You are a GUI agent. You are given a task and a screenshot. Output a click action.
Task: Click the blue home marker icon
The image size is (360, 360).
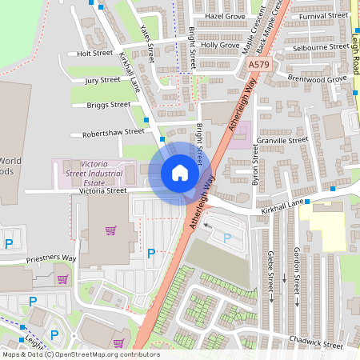coord(180,173)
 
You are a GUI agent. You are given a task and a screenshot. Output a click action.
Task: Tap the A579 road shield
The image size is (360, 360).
coord(258,64)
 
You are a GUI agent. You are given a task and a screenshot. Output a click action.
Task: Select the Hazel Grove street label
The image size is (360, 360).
coord(225,16)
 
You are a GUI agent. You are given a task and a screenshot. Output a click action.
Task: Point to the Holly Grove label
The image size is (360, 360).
coord(220,46)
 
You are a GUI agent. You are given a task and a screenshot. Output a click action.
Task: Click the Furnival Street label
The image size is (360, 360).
coord(324,16)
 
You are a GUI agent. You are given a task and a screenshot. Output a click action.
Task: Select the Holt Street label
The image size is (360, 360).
coord(95,54)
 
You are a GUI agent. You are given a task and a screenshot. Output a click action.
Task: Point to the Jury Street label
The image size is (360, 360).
coord(102,80)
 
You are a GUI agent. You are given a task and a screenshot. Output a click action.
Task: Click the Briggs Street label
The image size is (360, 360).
coord(108,105)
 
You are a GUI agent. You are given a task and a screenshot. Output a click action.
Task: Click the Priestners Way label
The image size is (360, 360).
coord(50,259)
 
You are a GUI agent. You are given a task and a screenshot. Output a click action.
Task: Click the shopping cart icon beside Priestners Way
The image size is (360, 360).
coord(62,279)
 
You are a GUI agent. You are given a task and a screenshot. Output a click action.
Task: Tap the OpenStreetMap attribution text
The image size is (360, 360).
coord(80,354)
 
